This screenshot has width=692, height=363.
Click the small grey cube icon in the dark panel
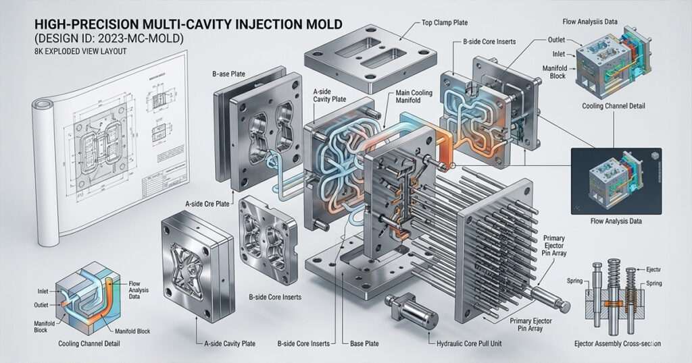click(654, 156)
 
